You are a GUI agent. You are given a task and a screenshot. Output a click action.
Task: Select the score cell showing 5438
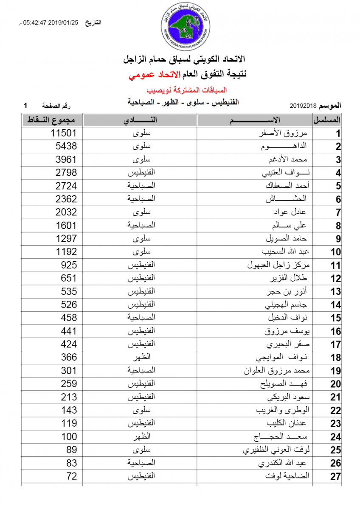(x=66, y=146)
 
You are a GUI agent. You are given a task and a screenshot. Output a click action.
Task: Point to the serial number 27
(x=336, y=477)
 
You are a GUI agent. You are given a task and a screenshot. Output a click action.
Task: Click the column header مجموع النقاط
(x=51, y=120)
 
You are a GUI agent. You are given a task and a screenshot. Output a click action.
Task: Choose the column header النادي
(x=140, y=120)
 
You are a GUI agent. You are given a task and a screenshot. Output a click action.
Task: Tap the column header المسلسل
(x=327, y=120)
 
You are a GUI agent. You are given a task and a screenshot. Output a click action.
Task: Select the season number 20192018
(x=304, y=105)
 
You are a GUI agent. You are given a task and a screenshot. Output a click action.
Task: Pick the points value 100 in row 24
(x=69, y=436)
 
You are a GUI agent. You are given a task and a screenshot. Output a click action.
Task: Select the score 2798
(x=66, y=173)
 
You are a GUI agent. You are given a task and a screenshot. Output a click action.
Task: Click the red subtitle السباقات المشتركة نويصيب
(x=186, y=90)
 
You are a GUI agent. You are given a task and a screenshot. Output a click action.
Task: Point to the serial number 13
(x=336, y=292)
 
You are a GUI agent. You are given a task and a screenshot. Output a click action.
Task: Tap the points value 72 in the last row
(x=72, y=476)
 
